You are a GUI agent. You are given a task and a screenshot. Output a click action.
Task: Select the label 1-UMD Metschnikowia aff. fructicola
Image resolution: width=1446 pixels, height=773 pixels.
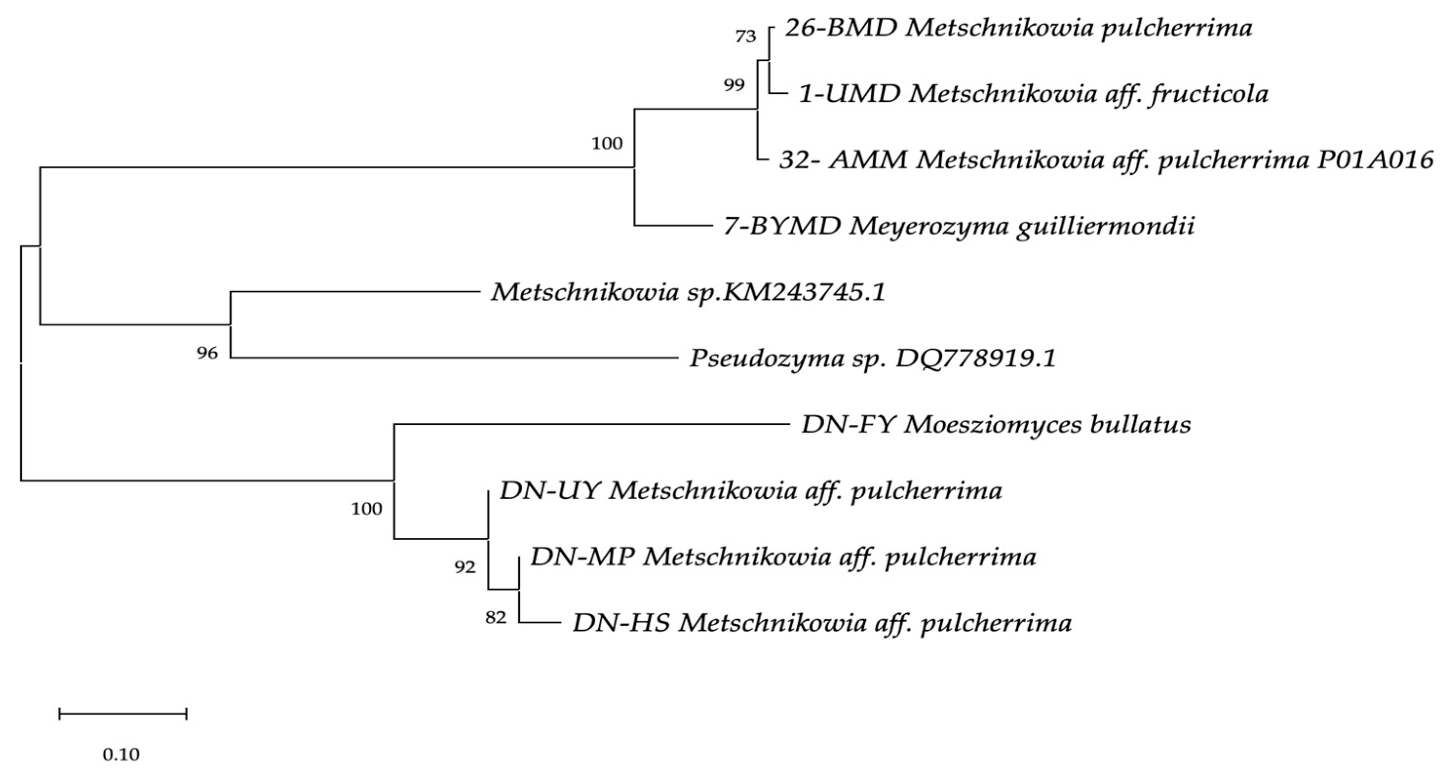[1033, 94]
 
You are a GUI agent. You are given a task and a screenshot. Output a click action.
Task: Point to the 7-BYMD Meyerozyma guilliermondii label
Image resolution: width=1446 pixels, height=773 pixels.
[959, 226]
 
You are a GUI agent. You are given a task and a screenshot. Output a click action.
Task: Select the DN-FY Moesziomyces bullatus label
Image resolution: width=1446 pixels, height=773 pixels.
[996, 425]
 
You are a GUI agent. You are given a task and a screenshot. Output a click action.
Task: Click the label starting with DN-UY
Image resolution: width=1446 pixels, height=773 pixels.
[750, 491]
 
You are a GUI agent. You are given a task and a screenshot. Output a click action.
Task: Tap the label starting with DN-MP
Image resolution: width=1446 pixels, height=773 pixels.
[783, 557]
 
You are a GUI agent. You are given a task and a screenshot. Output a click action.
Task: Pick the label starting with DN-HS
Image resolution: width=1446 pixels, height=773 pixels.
[822, 623]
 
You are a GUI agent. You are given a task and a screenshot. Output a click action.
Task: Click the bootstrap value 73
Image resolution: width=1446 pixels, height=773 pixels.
[745, 37]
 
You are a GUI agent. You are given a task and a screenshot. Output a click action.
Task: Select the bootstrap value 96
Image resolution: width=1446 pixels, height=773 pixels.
[207, 354]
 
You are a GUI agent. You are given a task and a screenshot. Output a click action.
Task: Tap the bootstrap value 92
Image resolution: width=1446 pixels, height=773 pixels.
[465, 567]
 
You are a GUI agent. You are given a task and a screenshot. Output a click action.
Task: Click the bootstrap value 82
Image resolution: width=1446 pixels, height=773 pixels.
[495, 618]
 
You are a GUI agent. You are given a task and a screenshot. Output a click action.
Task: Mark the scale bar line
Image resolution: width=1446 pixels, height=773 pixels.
[122, 714]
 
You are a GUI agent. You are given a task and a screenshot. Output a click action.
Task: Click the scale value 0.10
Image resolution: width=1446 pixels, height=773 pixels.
[121, 754]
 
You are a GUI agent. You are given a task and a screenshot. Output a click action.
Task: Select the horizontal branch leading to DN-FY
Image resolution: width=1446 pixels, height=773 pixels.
[590, 424]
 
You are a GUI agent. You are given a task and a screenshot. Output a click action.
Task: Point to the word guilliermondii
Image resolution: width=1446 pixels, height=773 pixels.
[1104, 226]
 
